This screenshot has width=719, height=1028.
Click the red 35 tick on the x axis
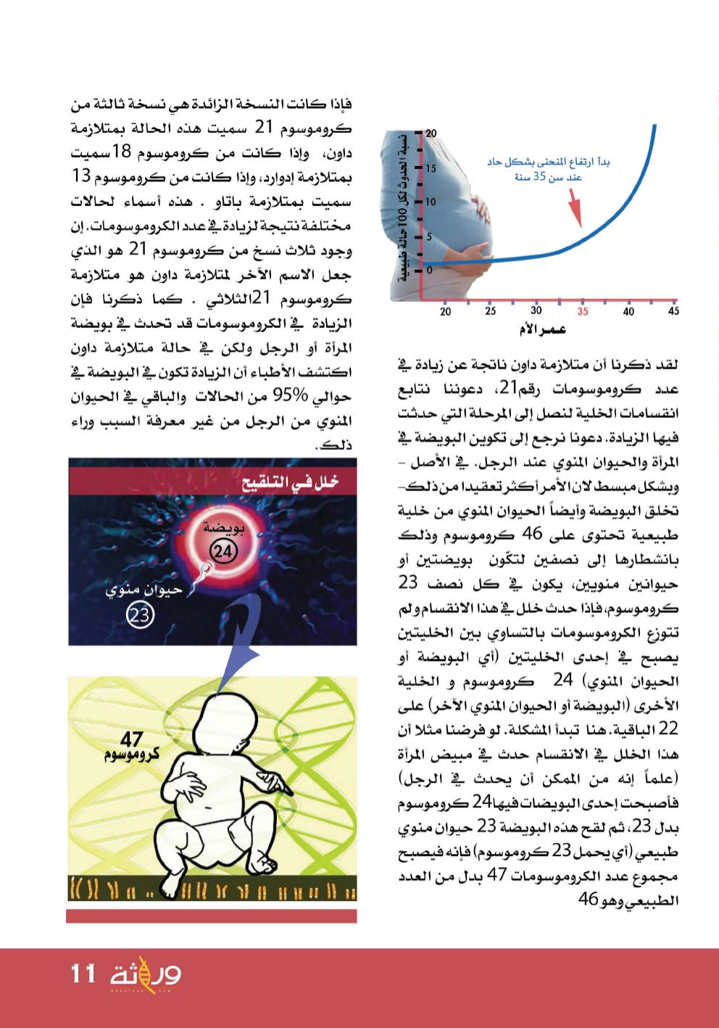583,311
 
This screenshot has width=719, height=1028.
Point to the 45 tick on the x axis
673,311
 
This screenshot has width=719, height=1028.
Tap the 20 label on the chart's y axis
431,133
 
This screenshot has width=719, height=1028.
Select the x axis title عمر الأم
541,329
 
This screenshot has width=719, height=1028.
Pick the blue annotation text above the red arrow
548,169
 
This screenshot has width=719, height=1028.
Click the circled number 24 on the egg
223,552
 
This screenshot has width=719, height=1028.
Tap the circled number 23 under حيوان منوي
139,615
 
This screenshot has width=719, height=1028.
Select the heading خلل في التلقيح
289,482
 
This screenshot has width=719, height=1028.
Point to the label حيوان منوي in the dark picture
144,591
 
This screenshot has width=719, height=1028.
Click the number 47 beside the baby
132,739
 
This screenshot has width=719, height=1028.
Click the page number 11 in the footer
83,974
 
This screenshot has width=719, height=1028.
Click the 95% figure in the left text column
290,396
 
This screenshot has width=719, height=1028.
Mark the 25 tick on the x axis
491,311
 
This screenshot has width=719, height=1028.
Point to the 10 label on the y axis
431,202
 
